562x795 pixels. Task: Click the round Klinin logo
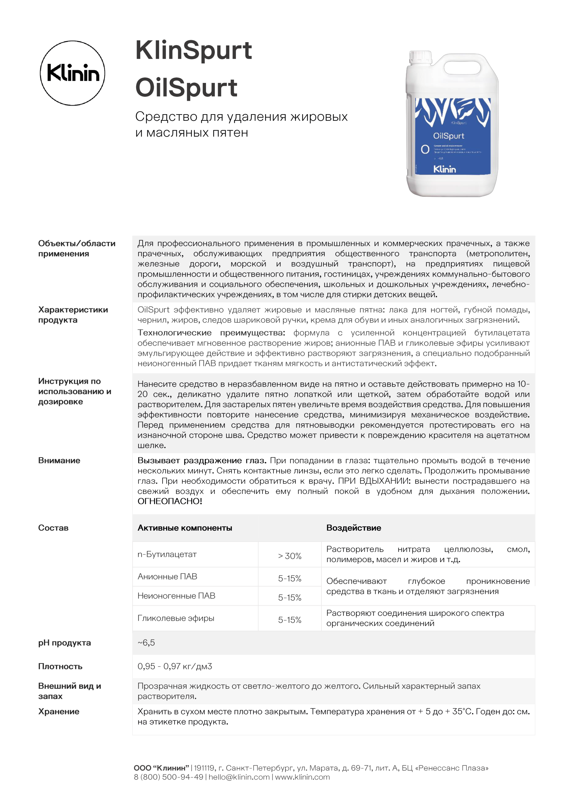point(72,73)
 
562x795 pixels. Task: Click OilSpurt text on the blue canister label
point(449,136)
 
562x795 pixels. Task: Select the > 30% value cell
point(289,556)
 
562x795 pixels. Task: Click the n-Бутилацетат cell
point(167,554)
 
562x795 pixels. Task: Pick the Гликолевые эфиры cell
point(176,618)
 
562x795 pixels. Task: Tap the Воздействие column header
point(354,528)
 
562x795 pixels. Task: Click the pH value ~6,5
point(146,642)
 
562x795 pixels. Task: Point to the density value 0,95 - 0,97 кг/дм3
point(174,666)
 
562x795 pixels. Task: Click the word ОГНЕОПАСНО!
point(170,501)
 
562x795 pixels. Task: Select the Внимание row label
point(59,460)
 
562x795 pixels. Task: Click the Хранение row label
point(59,711)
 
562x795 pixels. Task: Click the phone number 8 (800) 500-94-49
point(168,777)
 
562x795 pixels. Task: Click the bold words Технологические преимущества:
point(211,333)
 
